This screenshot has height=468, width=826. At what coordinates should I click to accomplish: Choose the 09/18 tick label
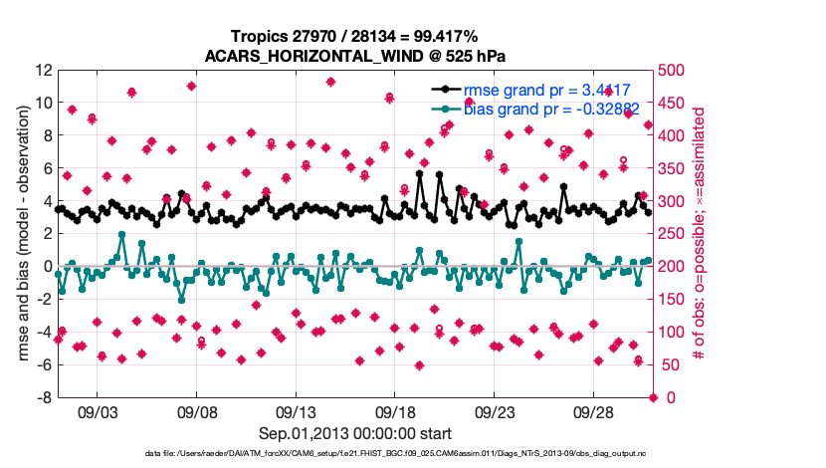[395, 412]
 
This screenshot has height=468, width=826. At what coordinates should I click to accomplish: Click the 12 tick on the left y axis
[44, 70]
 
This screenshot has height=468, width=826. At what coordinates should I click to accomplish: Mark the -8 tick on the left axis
[44, 397]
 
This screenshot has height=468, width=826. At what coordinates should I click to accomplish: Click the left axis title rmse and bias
[23, 234]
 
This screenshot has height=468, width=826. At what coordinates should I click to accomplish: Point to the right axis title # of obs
[700, 234]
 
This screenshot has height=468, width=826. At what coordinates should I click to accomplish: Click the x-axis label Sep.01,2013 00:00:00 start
[355, 433]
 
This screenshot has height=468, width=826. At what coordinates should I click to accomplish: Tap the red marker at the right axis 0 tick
[653, 397]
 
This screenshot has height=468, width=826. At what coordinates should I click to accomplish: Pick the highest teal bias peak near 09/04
[121, 235]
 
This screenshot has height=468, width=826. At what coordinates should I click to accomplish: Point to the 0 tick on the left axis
[47, 266]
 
